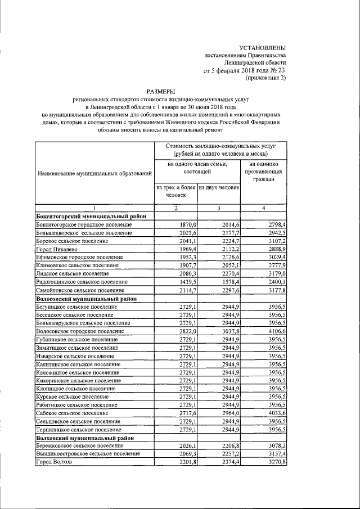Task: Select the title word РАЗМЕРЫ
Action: click(x=160, y=90)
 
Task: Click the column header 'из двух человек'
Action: click(x=219, y=187)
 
